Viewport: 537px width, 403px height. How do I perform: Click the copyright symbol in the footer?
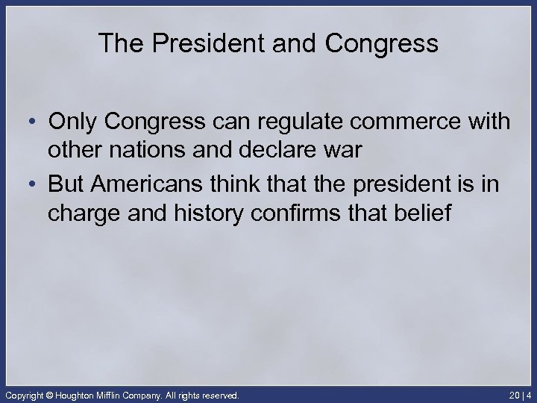[x=51, y=394]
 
